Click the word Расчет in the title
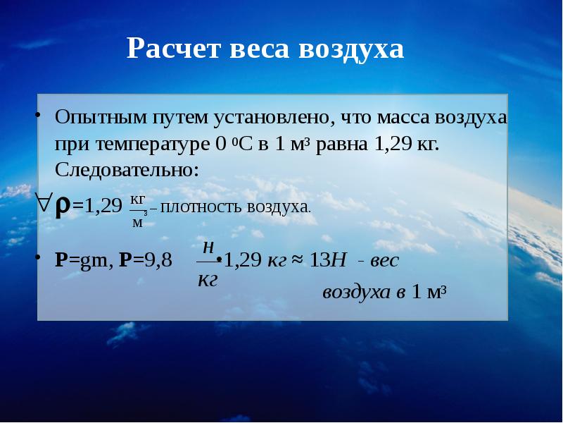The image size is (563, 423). (172, 49)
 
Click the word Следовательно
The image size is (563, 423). (127, 170)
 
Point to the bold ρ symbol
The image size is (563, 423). (63, 209)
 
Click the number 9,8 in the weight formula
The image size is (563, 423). (158, 259)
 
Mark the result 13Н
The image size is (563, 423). (327, 259)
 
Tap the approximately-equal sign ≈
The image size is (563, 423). (297, 260)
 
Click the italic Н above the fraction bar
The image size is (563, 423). (208, 248)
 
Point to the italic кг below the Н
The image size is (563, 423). (208, 280)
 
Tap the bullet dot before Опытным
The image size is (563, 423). (37, 115)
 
